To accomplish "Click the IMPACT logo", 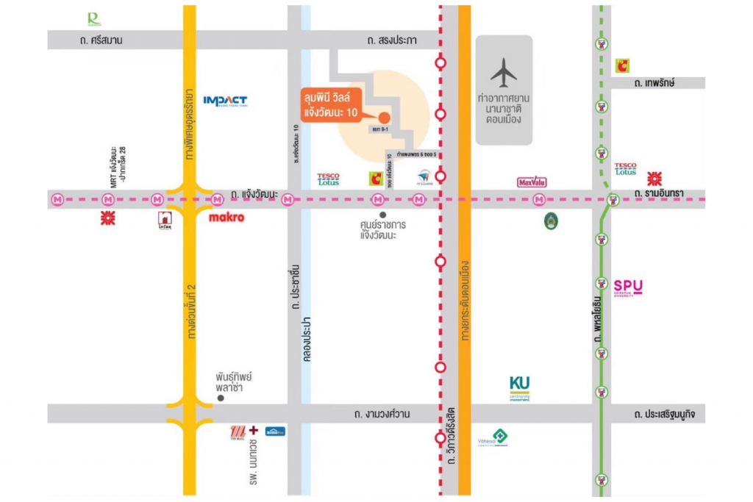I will tap(225, 101).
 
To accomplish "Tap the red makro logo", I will tap(226, 218).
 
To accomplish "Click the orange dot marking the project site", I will tap(384, 115).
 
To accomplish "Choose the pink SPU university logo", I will tap(628, 287).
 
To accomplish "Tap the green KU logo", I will tap(519, 387).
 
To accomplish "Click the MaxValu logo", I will tap(532, 182).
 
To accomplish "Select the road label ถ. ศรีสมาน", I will tap(102, 40).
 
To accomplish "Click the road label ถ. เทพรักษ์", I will tap(654, 82).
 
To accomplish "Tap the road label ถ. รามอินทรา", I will tap(659, 193).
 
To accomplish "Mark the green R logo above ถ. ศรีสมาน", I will tap(93, 19).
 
